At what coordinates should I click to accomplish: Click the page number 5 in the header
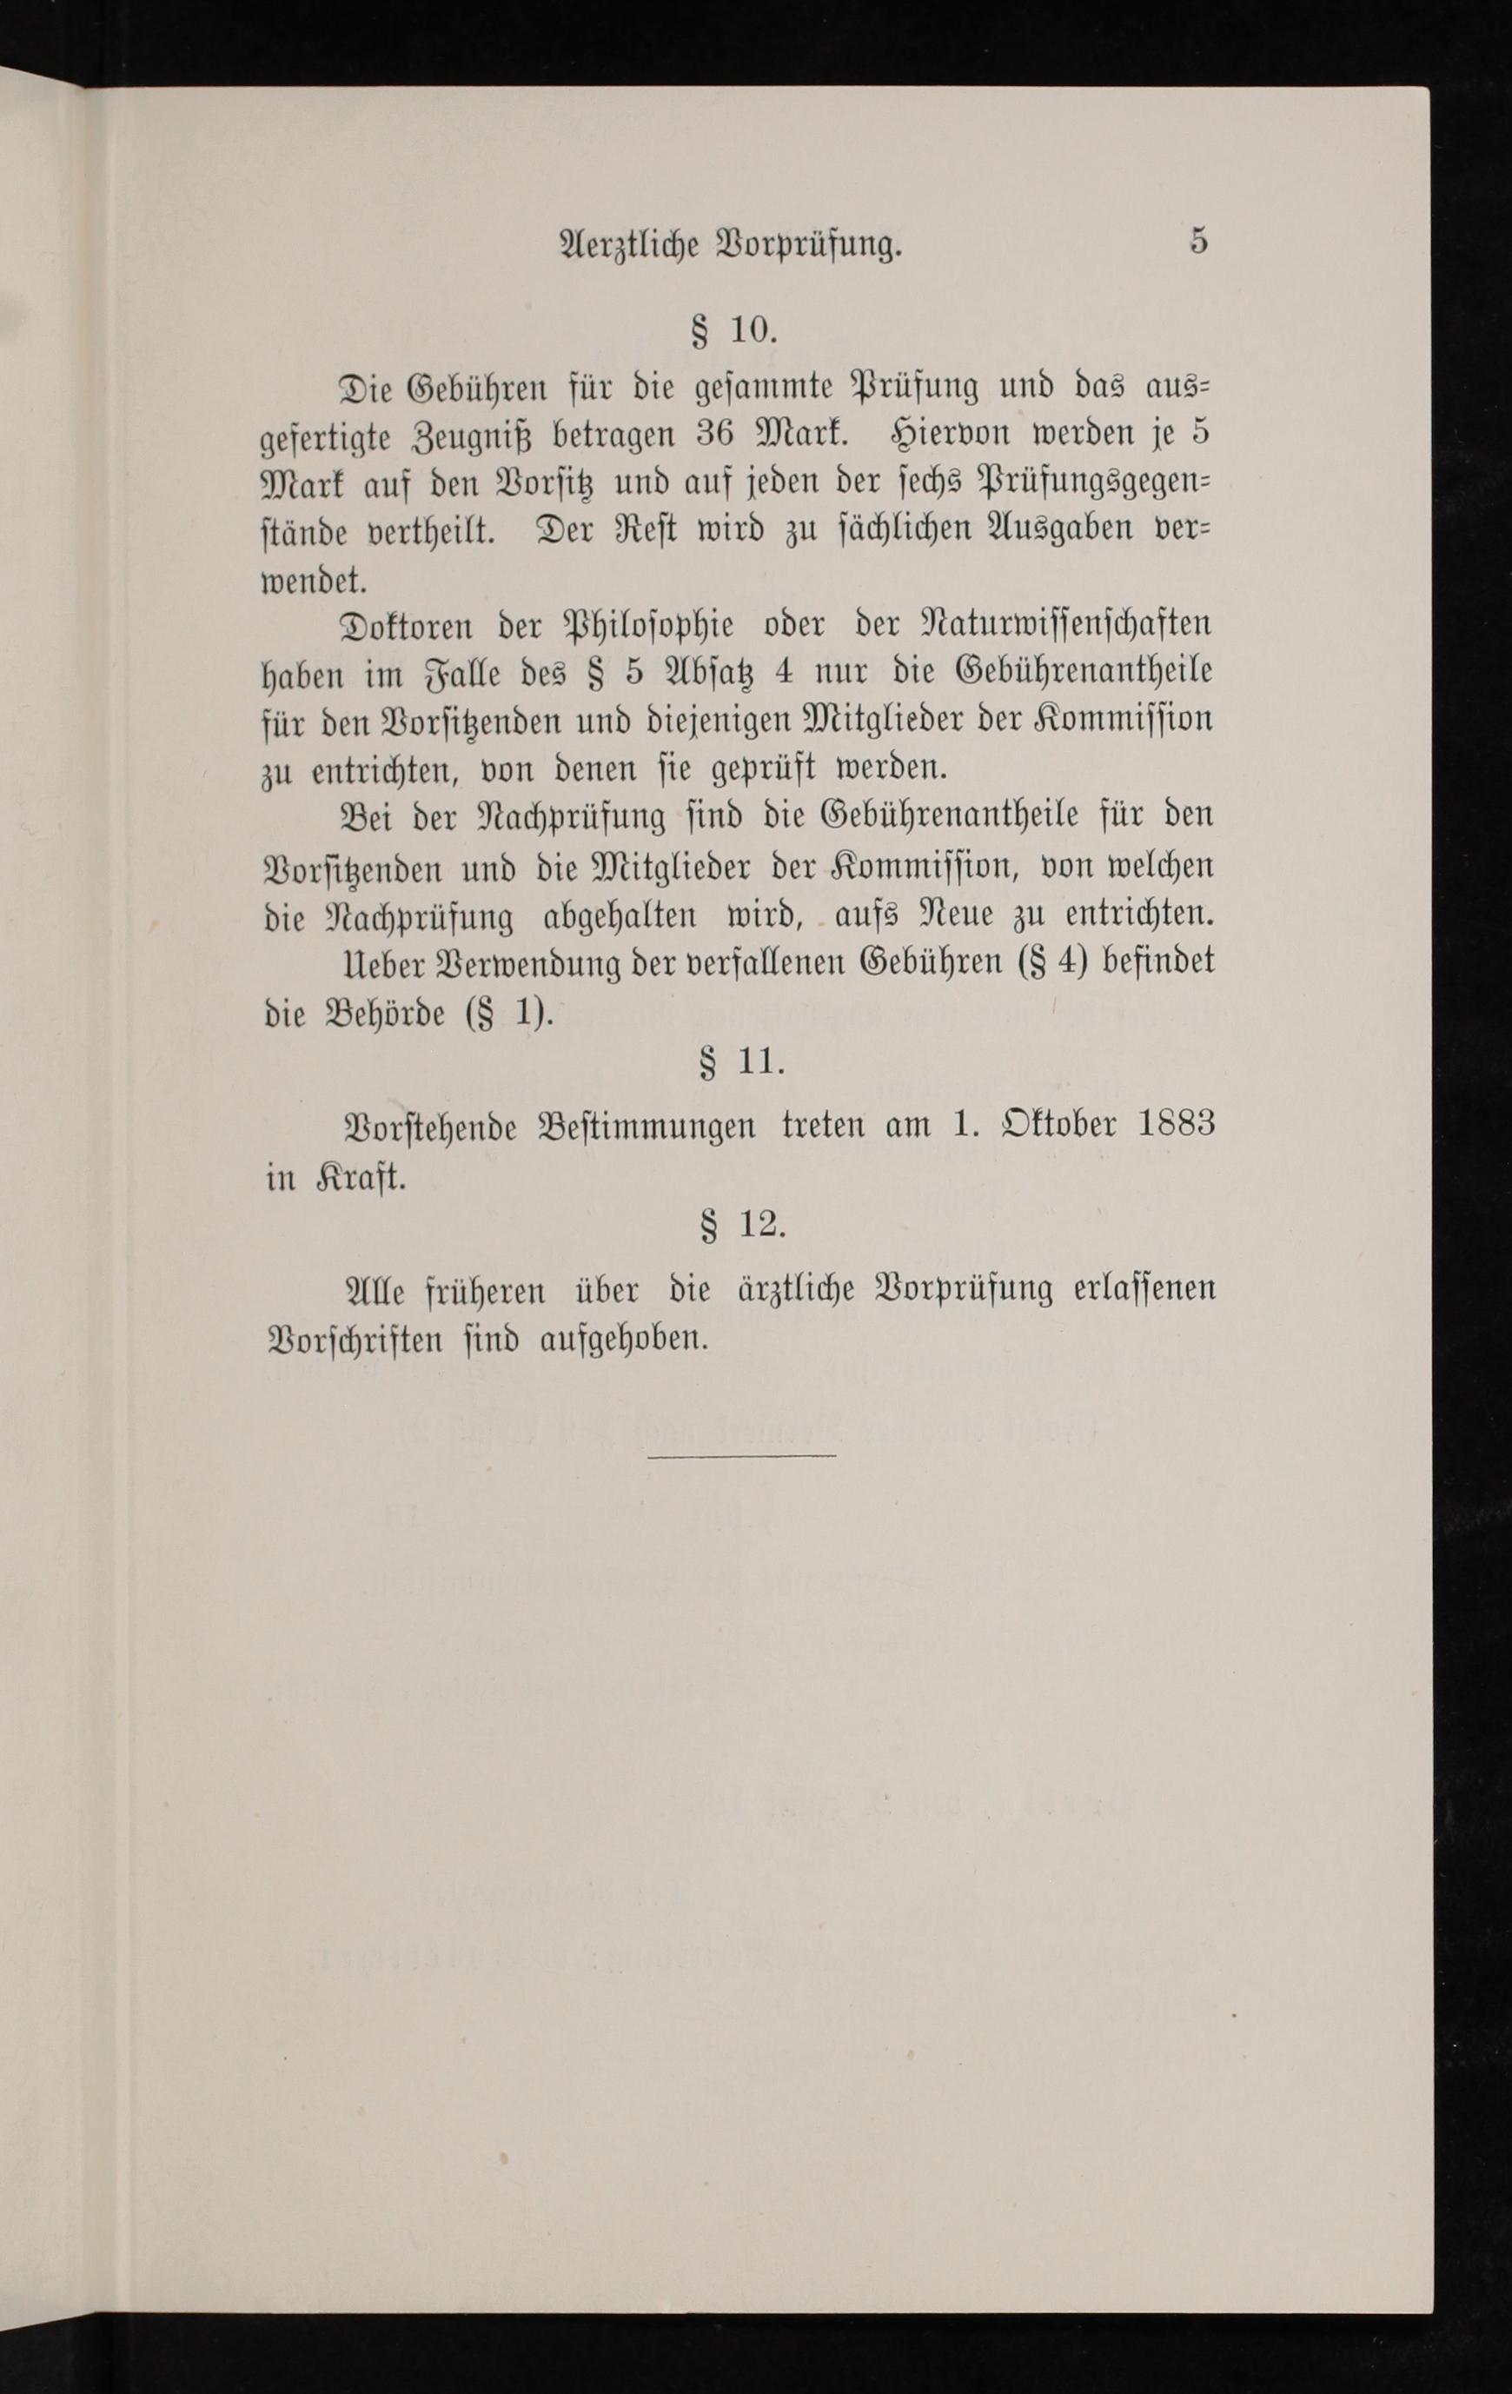pos(1198,242)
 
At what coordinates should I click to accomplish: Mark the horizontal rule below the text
pos(741,1457)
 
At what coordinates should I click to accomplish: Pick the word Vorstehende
pos(429,1127)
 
